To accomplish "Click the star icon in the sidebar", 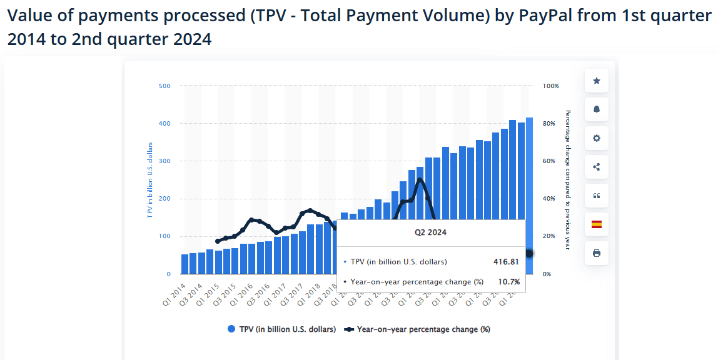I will coord(596,81).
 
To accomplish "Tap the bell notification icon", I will coord(596,109).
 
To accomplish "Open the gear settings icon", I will coord(596,138).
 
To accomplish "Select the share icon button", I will coord(596,167).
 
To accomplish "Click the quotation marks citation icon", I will coord(596,196).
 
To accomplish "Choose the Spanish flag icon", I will coord(596,224).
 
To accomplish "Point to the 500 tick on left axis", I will coord(164,86).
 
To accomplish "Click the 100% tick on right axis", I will coord(551,86).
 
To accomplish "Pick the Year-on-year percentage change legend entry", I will coord(418,329).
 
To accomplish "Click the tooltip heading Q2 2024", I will coord(430,232).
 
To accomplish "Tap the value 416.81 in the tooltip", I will coord(506,262).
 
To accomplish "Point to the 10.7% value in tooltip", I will coord(508,282).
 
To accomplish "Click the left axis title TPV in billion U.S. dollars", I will coord(150,181).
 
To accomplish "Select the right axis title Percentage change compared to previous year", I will coord(568,180).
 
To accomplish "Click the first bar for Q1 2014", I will coord(185,264).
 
